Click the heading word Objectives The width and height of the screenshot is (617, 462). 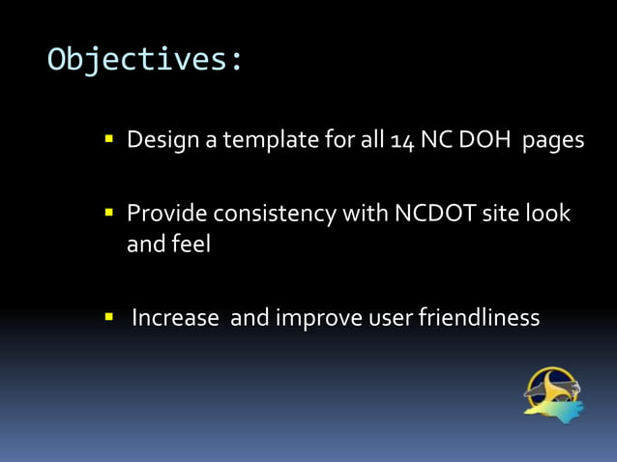point(145,59)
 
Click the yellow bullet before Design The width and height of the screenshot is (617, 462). point(109,140)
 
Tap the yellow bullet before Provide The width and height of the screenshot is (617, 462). point(109,212)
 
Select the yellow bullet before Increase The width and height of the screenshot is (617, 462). point(109,317)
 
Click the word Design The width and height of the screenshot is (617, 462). point(161,141)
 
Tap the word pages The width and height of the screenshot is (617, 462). point(553,142)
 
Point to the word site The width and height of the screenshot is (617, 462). point(503,213)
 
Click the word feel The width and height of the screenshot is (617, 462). point(192,245)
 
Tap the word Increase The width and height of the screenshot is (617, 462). point(175,317)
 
